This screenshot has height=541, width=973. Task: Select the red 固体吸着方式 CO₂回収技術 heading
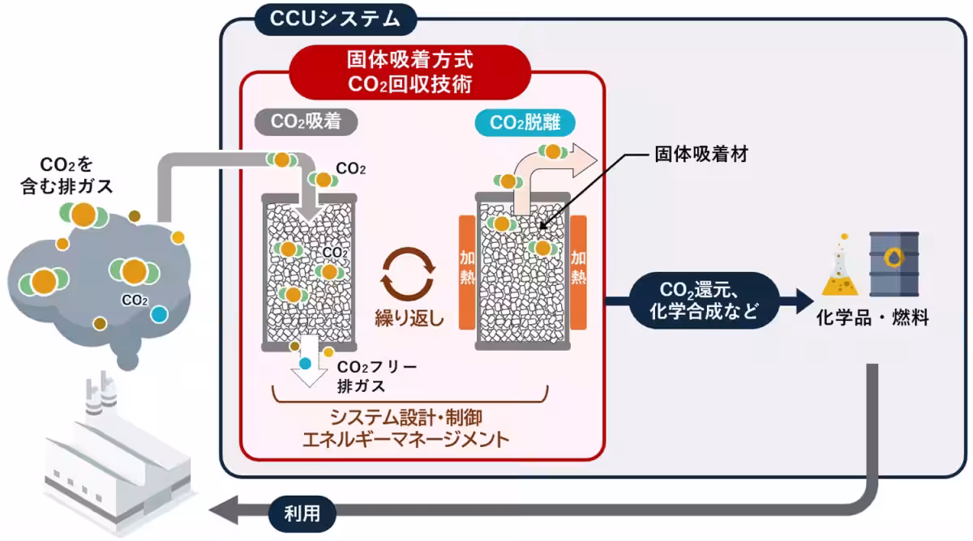[x=410, y=70]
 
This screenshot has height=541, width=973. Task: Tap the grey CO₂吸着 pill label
[x=306, y=123]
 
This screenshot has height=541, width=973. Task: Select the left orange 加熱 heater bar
[x=467, y=271]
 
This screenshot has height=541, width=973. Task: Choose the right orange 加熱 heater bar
[x=578, y=271]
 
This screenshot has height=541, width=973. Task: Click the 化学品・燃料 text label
[x=872, y=317]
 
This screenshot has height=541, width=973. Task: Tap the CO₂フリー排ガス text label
[x=376, y=376]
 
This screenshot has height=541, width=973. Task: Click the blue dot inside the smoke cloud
[x=159, y=313]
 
